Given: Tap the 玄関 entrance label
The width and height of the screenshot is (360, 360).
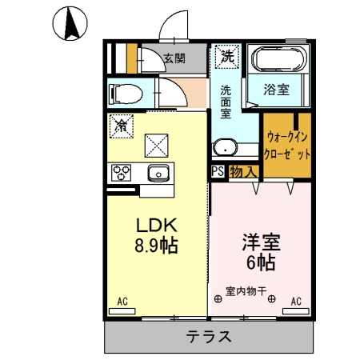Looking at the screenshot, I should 174,58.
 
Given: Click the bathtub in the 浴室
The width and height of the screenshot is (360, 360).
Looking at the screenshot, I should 278,61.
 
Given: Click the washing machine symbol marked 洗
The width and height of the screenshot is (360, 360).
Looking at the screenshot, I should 229,57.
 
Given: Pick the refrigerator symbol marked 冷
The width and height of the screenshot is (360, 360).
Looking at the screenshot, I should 122,126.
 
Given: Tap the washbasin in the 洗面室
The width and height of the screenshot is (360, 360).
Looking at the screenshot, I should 226,146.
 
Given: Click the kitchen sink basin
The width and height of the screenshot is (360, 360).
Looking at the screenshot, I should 158,172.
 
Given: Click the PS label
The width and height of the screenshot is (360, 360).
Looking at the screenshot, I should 217,171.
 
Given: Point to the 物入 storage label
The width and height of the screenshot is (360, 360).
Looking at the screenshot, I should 243,171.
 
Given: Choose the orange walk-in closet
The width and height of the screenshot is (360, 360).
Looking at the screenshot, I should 286,144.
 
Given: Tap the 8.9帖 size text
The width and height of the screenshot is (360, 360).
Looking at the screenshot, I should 152,246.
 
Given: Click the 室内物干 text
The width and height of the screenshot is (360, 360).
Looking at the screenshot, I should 246,290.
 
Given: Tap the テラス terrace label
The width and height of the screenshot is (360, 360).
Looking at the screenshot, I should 210,336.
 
